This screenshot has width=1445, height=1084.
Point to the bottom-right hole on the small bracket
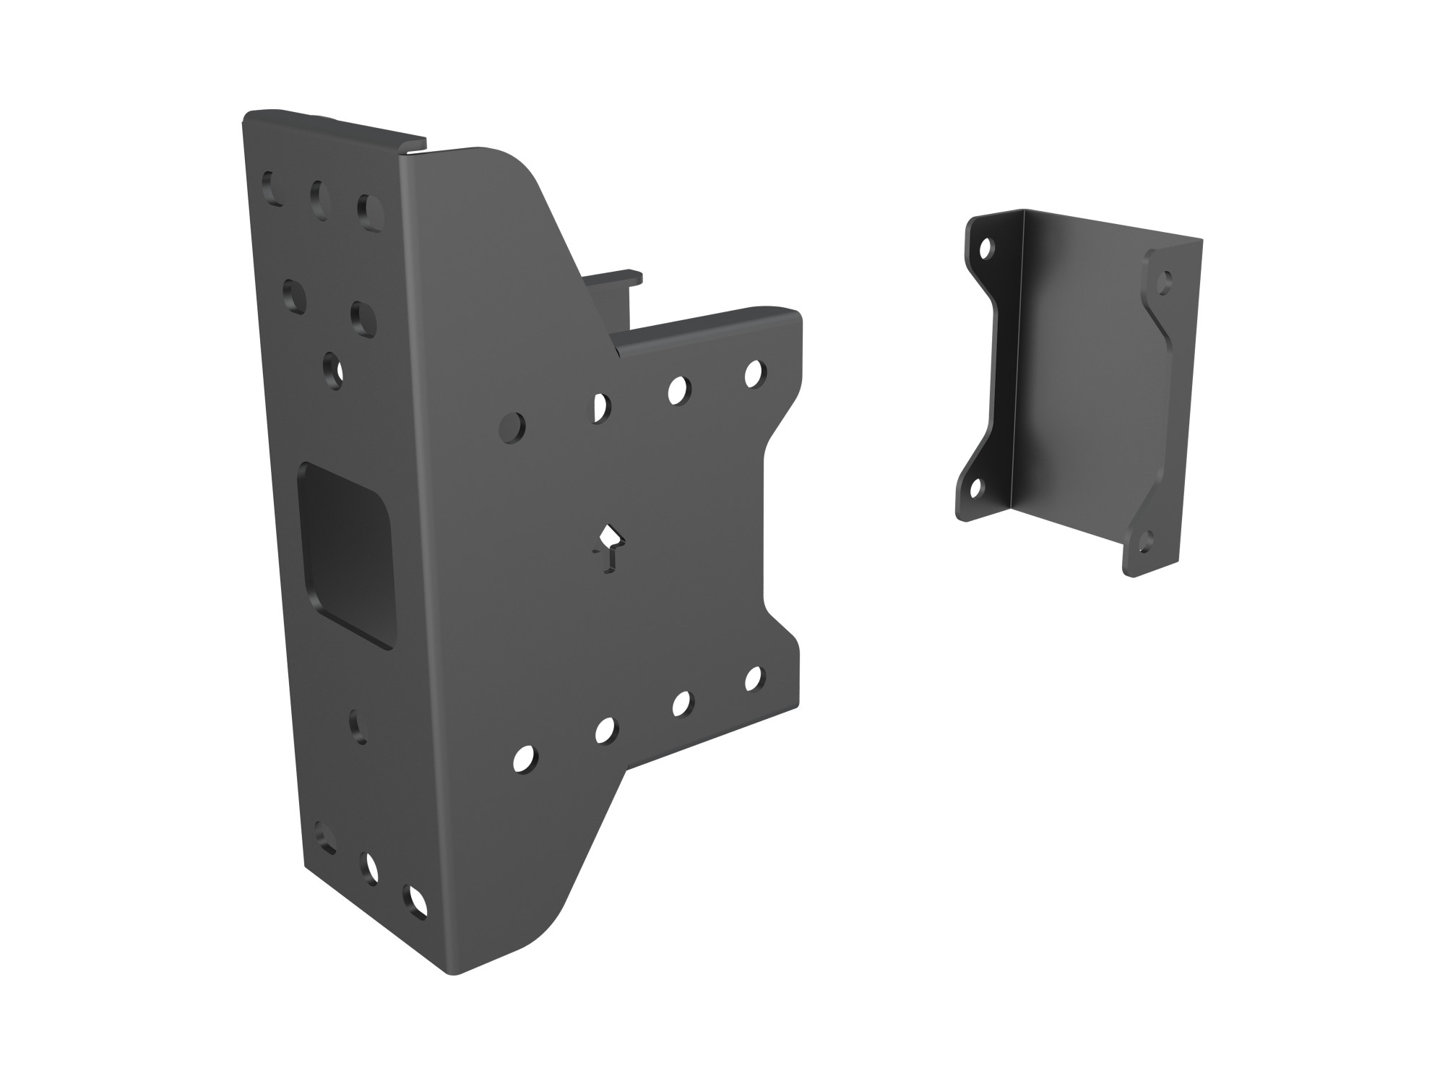(1144, 542)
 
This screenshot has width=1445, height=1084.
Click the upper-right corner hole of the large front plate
(754, 374)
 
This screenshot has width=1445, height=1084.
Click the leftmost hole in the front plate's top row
(514, 427)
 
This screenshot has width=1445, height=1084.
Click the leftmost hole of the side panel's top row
(272, 188)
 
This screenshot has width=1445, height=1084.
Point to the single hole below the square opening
(358, 726)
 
